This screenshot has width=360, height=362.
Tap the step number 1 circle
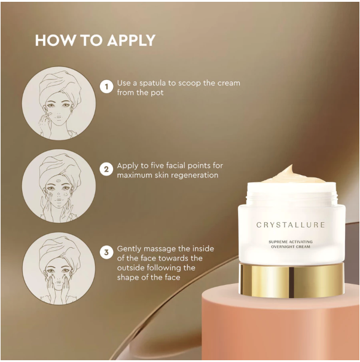point(106,87)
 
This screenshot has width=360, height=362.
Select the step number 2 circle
point(106,170)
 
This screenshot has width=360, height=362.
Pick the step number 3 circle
point(106,253)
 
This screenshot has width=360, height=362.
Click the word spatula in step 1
point(150,83)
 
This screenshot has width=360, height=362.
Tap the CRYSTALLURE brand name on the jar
point(291,225)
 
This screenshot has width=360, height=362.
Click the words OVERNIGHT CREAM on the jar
point(291,247)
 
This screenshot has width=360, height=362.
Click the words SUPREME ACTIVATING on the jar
point(291,241)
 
